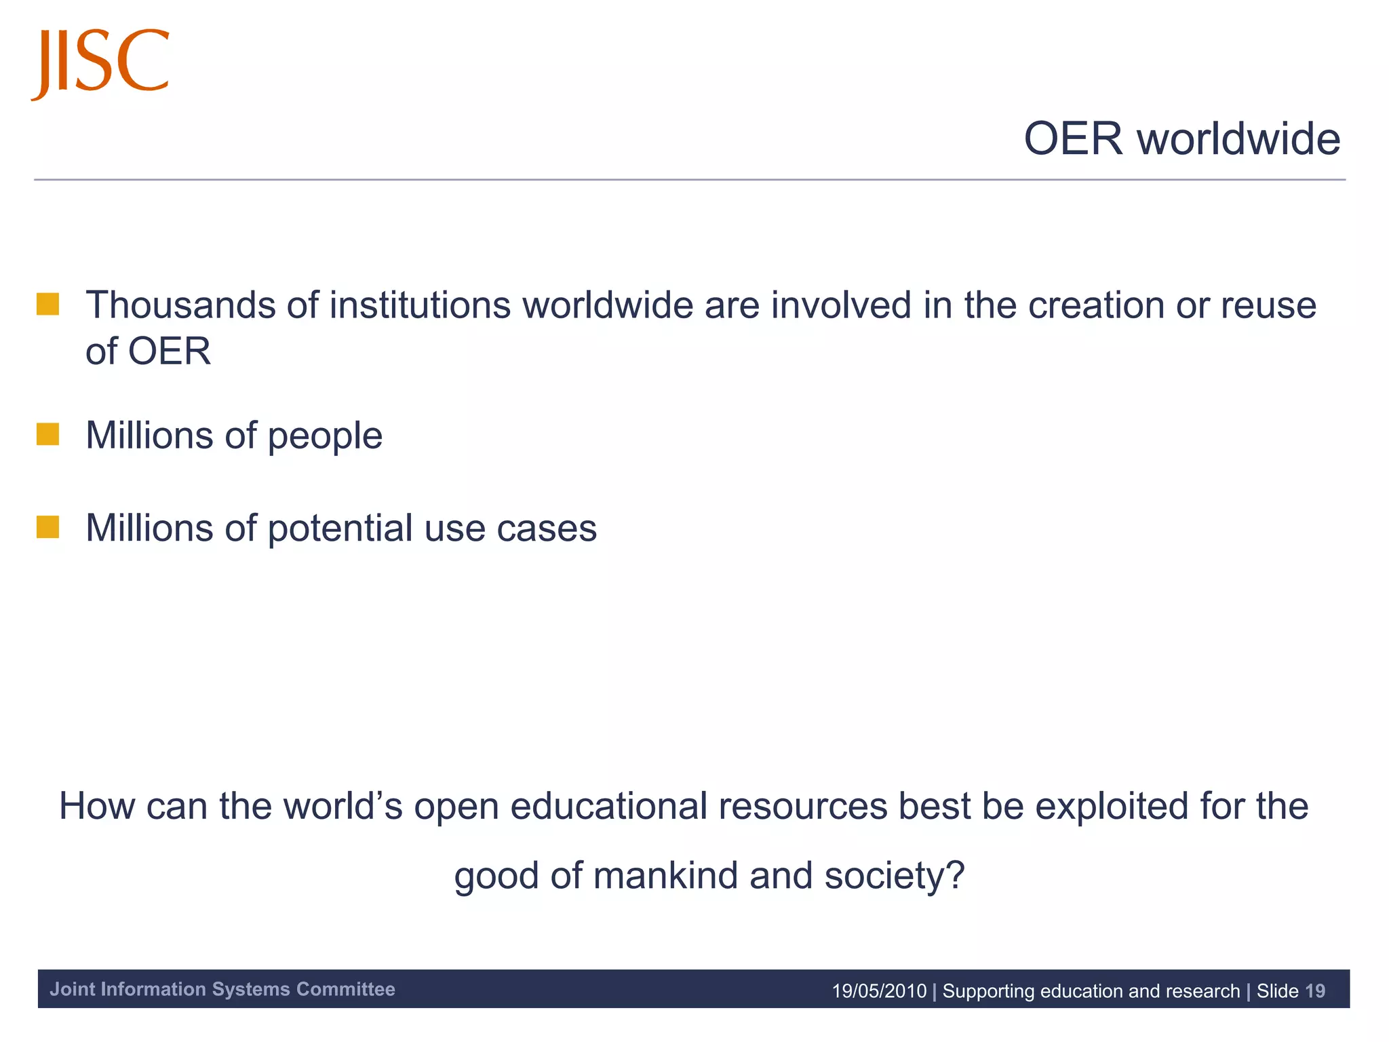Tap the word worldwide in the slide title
point(1238,139)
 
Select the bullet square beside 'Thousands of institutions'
point(48,304)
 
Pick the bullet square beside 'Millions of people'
point(48,434)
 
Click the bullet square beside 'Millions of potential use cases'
point(48,527)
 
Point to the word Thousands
point(180,305)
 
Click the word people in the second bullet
point(325,437)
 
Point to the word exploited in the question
point(1112,807)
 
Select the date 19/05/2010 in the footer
point(879,991)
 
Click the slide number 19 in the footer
point(1314,991)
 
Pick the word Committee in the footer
point(346,989)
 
